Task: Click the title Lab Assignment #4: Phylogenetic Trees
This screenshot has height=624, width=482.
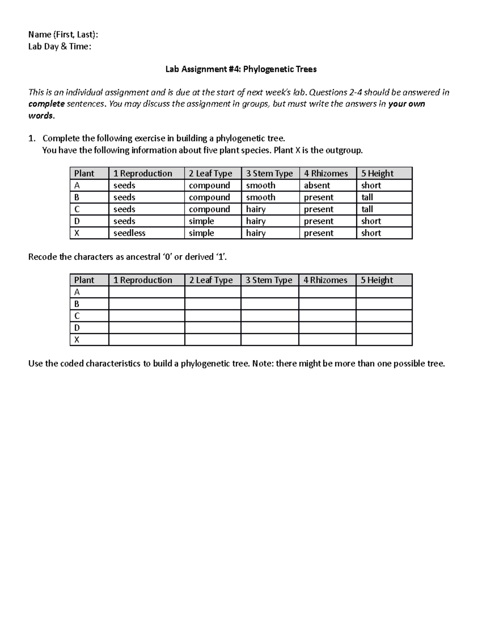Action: click(241, 69)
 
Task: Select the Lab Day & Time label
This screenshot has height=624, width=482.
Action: click(59, 47)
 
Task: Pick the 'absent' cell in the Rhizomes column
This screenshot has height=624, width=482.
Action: click(317, 185)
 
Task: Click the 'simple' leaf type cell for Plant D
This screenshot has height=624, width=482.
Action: click(202, 221)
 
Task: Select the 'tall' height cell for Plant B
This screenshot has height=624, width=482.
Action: click(367, 197)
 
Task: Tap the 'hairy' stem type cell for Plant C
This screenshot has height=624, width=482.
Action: click(256, 209)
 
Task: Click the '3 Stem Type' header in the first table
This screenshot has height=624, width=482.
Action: click(270, 174)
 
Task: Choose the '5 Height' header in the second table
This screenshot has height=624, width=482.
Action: click(377, 280)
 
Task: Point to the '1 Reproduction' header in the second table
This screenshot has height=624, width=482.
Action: click(143, 280)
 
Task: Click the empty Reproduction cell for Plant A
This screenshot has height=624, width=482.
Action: click(147, 292)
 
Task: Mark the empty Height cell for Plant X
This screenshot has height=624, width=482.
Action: click(384, 340)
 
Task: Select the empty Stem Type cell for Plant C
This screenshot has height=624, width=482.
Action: click(270, 316)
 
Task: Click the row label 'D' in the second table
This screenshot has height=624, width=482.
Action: click(77, 328)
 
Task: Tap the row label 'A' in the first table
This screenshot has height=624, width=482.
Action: click(77, 185)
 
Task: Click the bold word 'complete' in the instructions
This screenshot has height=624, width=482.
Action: click(47, 104)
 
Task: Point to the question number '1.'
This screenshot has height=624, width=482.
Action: click(32, 139)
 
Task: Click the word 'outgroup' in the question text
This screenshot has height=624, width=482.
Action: click(343, 150)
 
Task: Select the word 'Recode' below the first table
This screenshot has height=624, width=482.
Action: click(43, 257)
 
